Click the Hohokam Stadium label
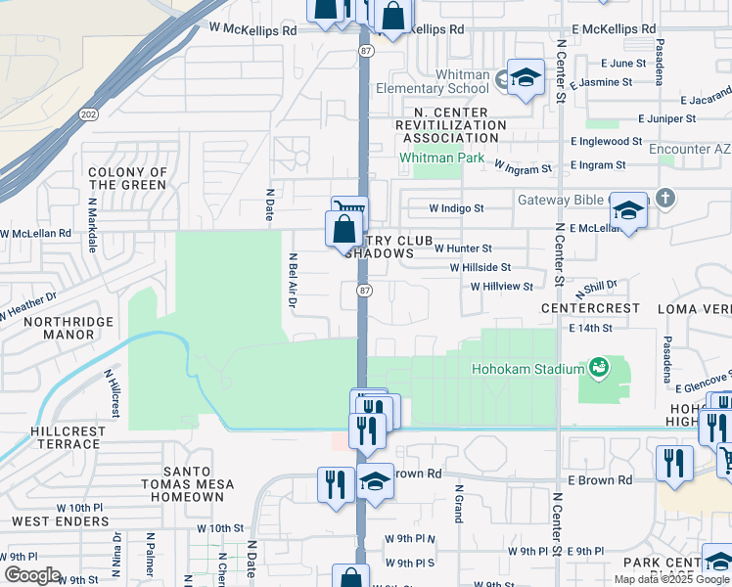click(527, 370)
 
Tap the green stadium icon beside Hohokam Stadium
click(598, 369)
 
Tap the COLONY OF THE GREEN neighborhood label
click(127, 178)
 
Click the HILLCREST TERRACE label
click(66, 436)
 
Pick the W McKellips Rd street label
click(246, 30)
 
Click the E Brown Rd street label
click(600, 480)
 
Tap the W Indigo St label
click(456, 208)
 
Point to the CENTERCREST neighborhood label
click(591, 308)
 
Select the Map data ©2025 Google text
click(671, 578)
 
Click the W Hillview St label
click(501, 287)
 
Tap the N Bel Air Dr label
click(293, 280)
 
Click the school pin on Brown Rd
click(375, 481)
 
